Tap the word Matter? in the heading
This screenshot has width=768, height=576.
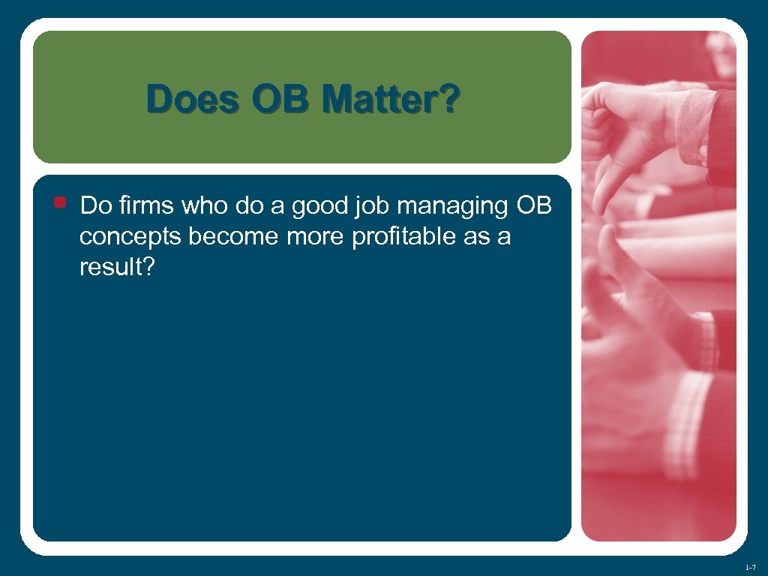[388, 100]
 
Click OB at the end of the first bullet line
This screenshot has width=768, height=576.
[535, 205]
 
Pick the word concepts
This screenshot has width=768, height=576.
[131, 237]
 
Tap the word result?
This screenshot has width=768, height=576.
[117, 268]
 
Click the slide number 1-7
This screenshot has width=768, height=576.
[750, 565]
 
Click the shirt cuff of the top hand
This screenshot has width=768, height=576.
[694, 127]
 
